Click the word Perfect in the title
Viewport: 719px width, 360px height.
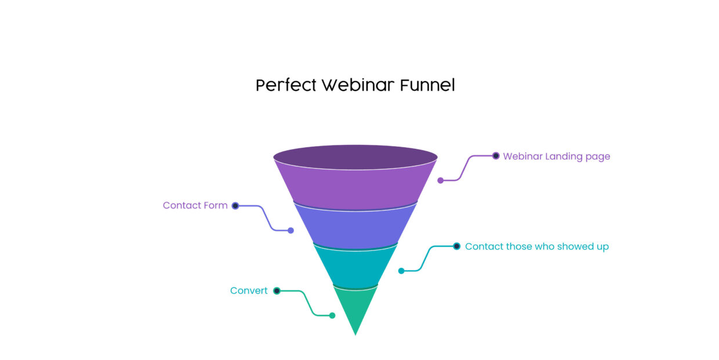286,85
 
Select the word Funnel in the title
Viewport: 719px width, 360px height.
427,85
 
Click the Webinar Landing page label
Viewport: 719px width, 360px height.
556,157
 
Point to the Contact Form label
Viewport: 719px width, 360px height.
195,205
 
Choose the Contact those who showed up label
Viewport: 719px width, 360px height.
536,246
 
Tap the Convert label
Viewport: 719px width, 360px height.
249,291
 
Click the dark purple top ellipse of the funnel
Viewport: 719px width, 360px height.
355,157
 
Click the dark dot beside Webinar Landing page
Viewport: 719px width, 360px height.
496,156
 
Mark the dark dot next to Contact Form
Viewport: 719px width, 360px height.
235,206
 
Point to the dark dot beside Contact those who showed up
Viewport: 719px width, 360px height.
457,246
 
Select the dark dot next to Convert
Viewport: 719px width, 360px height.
277,291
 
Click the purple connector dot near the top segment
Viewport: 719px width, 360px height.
441,180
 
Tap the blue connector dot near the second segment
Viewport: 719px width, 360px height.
291,231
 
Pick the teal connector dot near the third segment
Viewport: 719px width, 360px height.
401,271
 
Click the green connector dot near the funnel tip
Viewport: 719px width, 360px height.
332,316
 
